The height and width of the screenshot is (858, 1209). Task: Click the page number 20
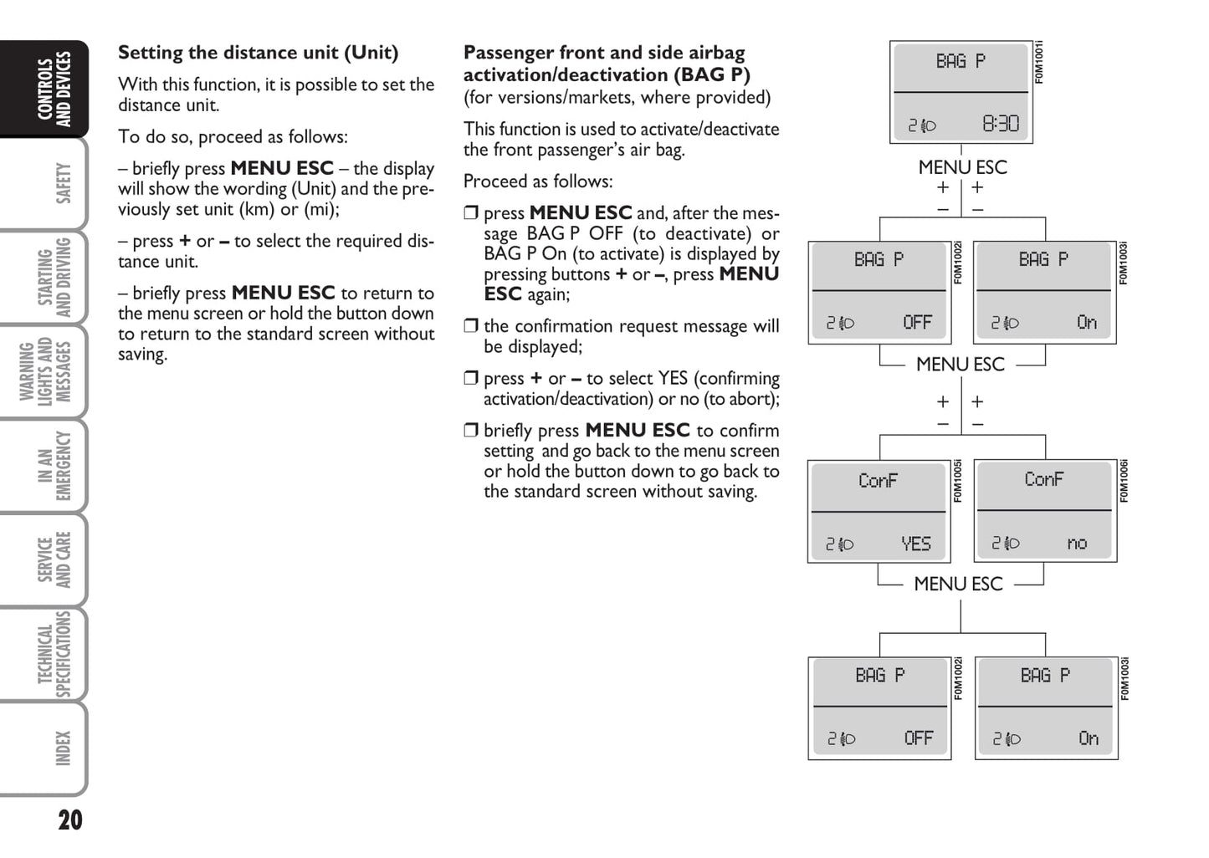click(70, 820)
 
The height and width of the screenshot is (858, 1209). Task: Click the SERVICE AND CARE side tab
click(54, 560)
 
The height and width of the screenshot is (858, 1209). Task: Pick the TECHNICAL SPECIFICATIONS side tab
click(54, 655)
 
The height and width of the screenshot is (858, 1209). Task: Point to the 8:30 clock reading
click(1001, 125)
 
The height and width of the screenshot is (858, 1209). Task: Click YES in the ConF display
click(916, 544)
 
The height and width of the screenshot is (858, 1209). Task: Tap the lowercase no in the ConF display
click(1077, 544)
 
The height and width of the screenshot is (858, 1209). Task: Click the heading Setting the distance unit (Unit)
click(258, 53)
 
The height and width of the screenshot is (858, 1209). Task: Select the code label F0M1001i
click(1039, 63)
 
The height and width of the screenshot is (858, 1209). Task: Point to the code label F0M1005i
click(958, 481)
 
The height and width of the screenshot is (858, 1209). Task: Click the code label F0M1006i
click(1124, 481)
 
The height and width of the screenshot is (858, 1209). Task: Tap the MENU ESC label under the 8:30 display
click(962, 167)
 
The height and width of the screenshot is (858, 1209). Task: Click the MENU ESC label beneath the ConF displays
click(958, 584)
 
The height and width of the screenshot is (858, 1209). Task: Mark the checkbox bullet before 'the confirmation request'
click(471, 326)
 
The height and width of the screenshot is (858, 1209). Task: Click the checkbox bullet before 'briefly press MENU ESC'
click(471, 431)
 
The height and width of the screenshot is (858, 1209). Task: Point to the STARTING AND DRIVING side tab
click(54, 278)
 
